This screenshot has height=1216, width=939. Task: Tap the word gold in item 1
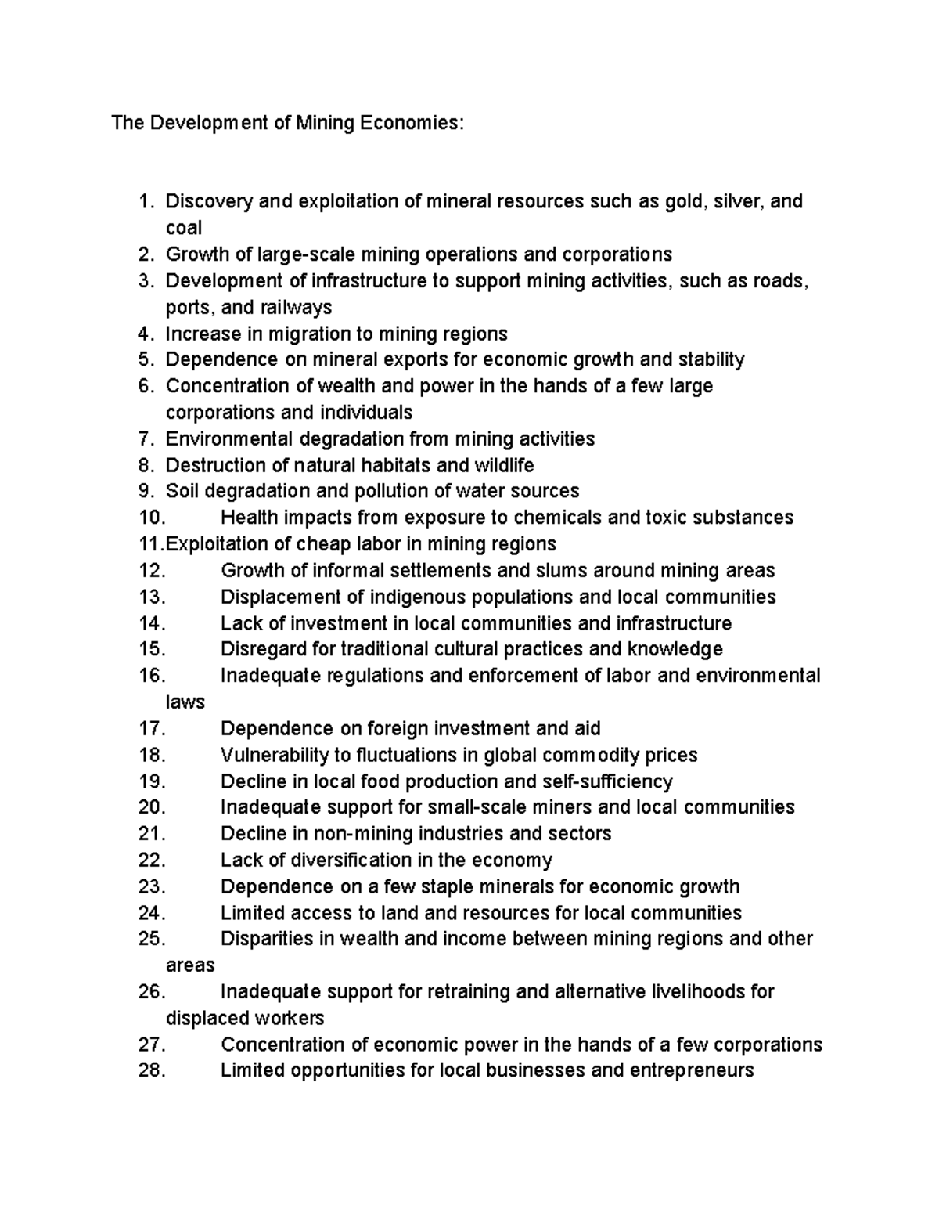pos(684,201)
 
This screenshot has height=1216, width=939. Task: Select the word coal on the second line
pos(184,228)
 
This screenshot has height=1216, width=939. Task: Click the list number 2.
pos(144,254)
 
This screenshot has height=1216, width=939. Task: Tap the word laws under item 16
pos(185,702)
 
